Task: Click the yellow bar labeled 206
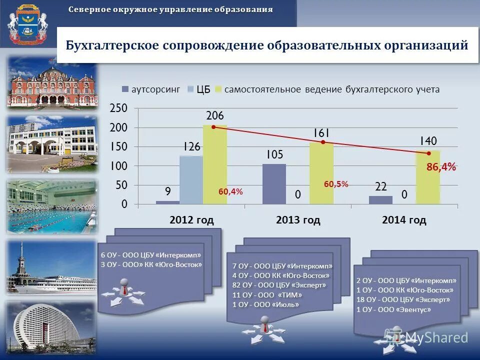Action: pyautogui.click(x=215, y=165)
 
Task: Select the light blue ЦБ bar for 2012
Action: pyautogui.click(x=191, y=180)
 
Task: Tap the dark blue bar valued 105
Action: pyautogui.click(x=274, y=184)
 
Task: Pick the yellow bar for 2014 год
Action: pyautogui.click(x=428, y=177)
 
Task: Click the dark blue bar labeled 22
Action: pyautogui.click(x=380, y=200)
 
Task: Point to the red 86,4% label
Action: pyautogui.click(x=441, y=167)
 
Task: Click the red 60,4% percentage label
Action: pyautogui.click(x=230, y=191)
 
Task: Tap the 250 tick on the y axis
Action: pyautogui.click(x=118, y=108)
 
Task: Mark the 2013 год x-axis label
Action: pyautogui.click(x=298, y=220)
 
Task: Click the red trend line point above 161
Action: pyautogui.click(x=323, y=142)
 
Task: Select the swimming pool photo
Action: pyautogui.click(x=52, y=206)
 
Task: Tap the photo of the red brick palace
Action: pyautogui.click(x=52, y=82)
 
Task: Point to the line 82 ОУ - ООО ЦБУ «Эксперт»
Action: pyautogui.click(x=279, y=285)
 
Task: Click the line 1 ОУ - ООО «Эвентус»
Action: pyautogui.click(x=393, y=309)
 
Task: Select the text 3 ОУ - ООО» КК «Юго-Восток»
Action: pyautogui.click(x=151, y=265)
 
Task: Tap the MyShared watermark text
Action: pyautogui.click(x=436, y=337)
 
